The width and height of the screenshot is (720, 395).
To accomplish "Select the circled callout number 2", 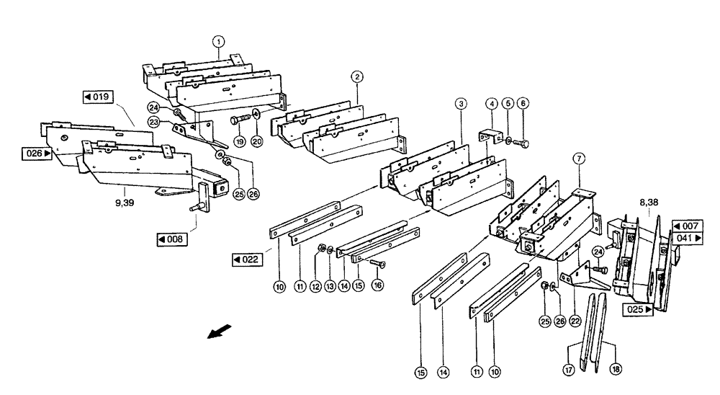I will [356, 76].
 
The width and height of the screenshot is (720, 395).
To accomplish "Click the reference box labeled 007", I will [687, 226].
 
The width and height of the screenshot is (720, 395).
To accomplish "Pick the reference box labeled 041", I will [687, 238].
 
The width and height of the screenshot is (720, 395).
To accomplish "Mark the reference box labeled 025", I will [639, 309].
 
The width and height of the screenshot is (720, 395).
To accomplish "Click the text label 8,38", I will [648, 204].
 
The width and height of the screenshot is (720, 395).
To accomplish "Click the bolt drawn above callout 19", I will [240, 119].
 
